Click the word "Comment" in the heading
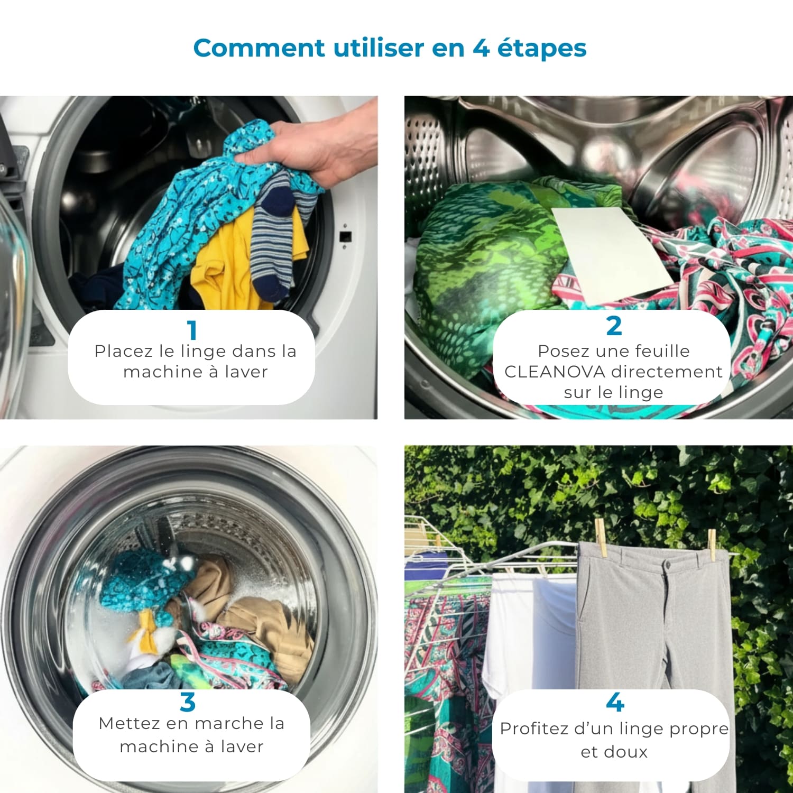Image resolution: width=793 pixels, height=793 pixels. click(x=259, y=48)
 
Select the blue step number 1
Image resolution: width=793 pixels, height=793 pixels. click(x=192, y=330)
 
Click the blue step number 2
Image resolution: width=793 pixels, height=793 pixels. click(x=614, y=326)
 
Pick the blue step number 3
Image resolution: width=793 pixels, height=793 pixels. click(x=188, y=702)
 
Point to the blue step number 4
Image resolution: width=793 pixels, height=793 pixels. click(x=615, y=702)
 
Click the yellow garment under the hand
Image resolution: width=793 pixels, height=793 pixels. click(x=238, y=264)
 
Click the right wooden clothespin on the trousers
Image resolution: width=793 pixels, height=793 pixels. click(x=712, y=545)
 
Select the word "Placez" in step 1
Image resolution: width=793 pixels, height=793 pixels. click(x=119, y=352)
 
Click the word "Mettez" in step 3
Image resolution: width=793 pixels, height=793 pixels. click(x=122, y=723)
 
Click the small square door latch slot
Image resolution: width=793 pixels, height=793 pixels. click(x=345, y=236)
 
